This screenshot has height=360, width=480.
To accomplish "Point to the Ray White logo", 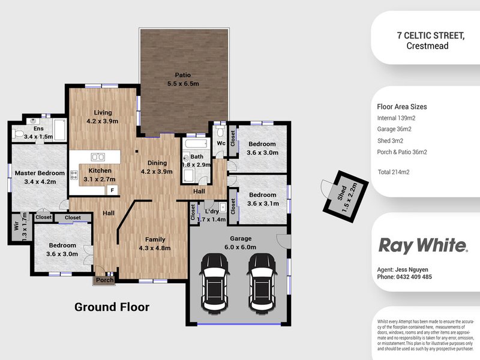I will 422,245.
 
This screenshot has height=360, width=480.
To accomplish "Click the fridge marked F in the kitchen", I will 111,190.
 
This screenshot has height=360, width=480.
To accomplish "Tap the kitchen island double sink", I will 98,157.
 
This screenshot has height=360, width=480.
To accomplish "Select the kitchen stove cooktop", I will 75,176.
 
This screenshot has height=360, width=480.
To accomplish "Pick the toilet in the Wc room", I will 220,132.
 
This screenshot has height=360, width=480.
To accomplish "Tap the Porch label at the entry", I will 105,280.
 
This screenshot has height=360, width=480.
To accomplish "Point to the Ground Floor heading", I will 112,307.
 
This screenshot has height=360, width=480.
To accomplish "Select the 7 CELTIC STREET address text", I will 430,35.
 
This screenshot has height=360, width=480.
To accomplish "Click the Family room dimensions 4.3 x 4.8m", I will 155,248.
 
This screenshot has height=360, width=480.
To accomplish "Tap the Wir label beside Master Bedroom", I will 16,227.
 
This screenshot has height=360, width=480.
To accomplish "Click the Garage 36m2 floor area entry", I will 394,129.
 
